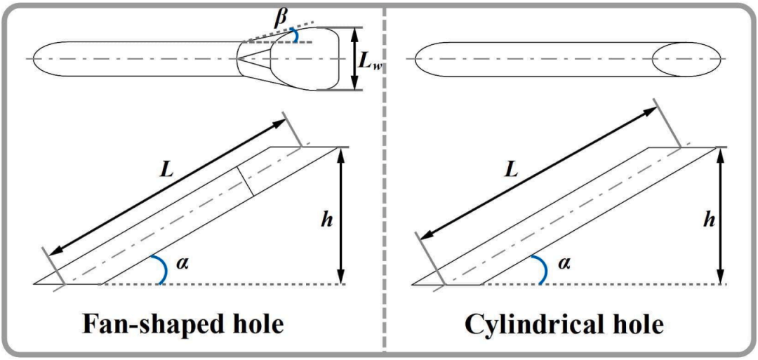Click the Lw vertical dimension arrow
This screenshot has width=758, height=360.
[x=355, y=58]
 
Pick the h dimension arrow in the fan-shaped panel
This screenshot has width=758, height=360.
[x=342, y=215]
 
